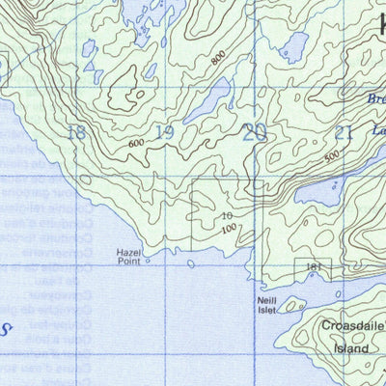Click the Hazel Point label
pos(128,255)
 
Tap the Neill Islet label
pos(266,306)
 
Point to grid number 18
pos(74,132)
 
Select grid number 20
pos(254,132)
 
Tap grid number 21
pos(344,133)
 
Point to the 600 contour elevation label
pos(135,145)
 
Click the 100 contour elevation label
pos(228,229)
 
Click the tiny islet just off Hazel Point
pos(148,259)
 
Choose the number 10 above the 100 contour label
pos(226,217)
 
